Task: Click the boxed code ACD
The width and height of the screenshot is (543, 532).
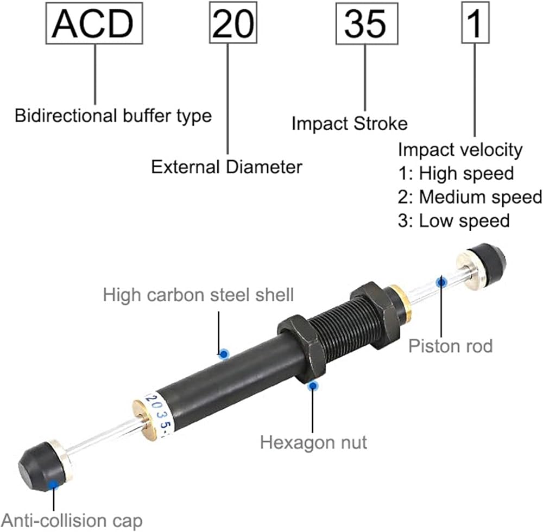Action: click(x=95, y=23)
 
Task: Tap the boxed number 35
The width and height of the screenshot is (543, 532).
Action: click(x=364, y=23)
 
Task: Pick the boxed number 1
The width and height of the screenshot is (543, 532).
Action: click(x=475, y=23)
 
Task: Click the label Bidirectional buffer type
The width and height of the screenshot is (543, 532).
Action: click(x=113, y=116)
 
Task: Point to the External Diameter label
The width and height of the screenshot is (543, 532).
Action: click(x=226, y=166)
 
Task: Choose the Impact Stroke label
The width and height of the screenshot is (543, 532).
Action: click(x=349, y=123)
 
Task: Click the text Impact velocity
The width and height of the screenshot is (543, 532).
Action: click(x=460, y=149)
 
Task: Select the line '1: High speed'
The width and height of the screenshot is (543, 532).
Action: click(x=456, y=173)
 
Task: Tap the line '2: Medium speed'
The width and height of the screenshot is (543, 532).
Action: click(x=470, y=197)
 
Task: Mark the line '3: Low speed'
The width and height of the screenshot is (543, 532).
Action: click(x=454, y=220)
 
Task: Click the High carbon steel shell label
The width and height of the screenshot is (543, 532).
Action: click(x=198, y=295)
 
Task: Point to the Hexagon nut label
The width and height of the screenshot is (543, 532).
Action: click(x=313, y=442)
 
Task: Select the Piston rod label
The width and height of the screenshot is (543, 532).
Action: click(x=450, y=345)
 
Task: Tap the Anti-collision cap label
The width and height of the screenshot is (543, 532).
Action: click(x=72, y=520)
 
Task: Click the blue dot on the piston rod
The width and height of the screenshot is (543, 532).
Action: click(x=443, y=281)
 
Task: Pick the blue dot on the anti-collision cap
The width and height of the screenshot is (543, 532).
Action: click(x=53, y=485)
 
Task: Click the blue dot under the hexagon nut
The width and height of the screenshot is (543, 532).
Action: click(x=312, y=385)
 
